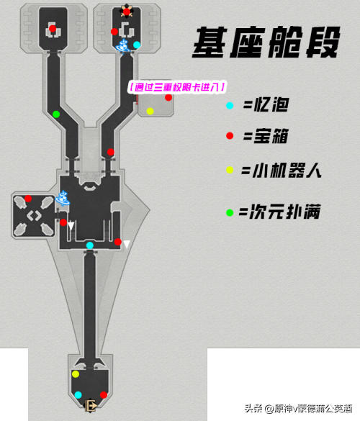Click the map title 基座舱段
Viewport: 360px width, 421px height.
point(266,42)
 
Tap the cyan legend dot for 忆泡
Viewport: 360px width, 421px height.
point(230,106)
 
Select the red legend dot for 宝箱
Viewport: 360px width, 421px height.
point(230,136)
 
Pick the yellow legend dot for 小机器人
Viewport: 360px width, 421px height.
point(230,170)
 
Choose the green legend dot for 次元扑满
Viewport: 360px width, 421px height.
point(230,213)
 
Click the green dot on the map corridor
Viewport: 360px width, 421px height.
point(56,114)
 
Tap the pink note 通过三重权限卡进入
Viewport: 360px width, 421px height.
point(177,87)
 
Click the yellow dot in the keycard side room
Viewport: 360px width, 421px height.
point(150,111)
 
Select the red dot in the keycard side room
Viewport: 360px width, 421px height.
point(168,97)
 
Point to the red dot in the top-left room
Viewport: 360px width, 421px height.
point(53,29)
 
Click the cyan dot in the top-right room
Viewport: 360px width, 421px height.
point(137,45)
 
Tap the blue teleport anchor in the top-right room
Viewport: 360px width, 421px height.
point(123,46)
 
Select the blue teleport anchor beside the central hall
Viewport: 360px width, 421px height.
point(63,198)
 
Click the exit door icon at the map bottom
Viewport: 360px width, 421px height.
point(91,405)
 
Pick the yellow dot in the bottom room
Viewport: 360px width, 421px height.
point(76,374)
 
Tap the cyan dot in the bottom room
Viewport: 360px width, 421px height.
point(78,395)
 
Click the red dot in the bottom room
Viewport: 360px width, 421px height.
point(104,395)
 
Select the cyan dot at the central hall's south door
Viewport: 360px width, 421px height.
point(90,245)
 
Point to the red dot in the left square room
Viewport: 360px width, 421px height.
point(28,199)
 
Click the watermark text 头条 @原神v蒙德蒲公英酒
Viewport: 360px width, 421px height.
point(298,409)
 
